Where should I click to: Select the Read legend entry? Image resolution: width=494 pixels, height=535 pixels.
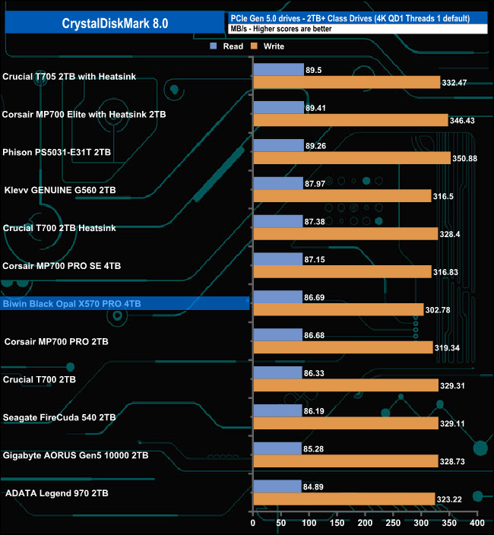[x=227, y=47]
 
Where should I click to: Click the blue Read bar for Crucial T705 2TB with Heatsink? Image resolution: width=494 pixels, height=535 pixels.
[x=278, y=69]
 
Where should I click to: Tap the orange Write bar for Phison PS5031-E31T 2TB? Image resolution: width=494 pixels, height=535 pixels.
[x=352, y=158]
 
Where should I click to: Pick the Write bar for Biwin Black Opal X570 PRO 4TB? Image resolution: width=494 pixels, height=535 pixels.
[x=338, y=309]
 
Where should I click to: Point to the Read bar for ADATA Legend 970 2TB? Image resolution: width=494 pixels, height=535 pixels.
[x=277, y=486]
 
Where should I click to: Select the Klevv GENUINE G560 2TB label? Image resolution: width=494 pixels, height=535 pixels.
[x=61, y=190]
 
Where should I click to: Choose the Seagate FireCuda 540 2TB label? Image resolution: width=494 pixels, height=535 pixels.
[x=59, y=417]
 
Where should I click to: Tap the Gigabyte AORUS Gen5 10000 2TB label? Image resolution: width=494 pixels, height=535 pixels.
[x=75, y=455]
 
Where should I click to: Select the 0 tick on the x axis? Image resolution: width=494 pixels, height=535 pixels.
[x=253, y=524]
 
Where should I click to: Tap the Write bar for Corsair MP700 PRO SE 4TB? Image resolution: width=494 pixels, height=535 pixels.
[x=342, y=271]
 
